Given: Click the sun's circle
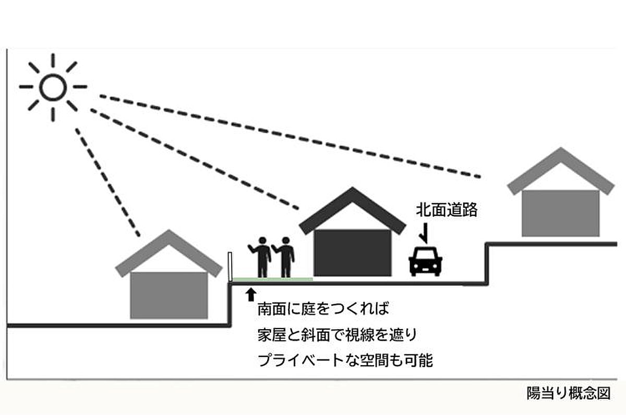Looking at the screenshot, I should click(53, 87).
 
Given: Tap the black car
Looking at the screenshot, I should click(426, 261).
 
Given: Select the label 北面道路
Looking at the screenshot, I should click(447, 211).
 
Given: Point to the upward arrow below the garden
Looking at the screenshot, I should click(251, 293).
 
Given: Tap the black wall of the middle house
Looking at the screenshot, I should click(353, 253).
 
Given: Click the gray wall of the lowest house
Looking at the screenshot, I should click(168, 295).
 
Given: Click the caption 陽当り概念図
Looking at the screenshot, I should click(568, 393).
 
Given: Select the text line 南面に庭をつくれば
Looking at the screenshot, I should click(323, 309).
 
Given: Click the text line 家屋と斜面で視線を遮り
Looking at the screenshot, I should click(338, 334).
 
